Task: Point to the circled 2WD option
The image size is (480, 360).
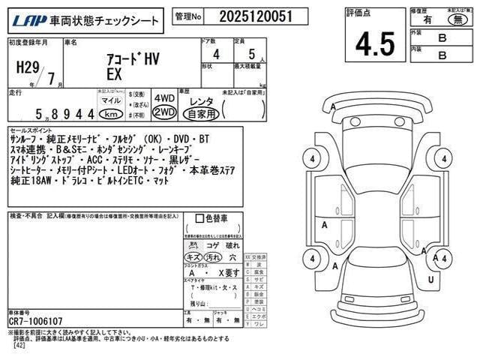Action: (x=164, y=112)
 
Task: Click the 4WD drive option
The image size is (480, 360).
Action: (x=164, y=98)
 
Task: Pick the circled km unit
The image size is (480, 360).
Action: (x=112, y=114)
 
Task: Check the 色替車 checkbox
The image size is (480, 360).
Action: (x=199, y=218)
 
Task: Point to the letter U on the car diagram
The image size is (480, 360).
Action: (x=431, y=279)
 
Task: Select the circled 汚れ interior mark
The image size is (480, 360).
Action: (x=213, y=257)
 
